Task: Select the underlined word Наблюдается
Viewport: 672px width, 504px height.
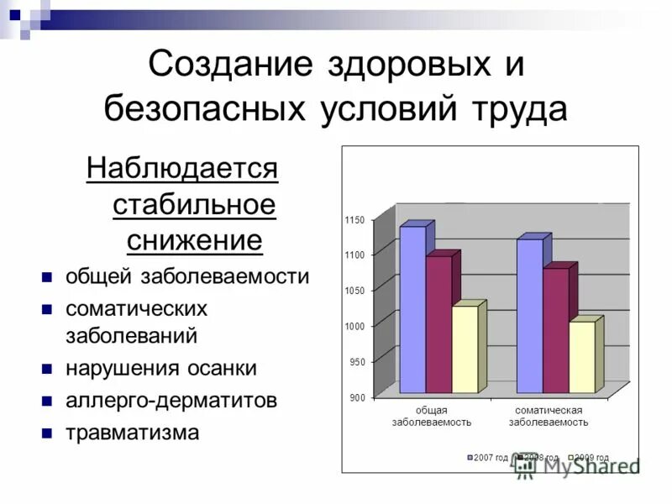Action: point(181,169)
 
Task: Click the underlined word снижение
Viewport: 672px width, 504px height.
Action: point(195,241)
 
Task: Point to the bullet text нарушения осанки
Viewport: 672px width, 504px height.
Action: point(161,368)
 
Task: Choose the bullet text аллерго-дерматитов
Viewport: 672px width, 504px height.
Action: point(171,401)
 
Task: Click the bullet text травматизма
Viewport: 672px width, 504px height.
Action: point(133,433)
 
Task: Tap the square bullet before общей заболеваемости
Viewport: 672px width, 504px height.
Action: point(47,276)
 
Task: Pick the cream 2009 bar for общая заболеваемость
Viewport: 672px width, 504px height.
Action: point(465,349)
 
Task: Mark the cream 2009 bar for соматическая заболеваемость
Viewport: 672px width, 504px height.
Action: point(581,357)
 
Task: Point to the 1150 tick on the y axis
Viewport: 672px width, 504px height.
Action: point(354,220)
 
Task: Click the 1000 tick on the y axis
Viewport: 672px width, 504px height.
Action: point(354,326)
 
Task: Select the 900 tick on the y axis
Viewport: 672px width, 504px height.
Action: point(356,397)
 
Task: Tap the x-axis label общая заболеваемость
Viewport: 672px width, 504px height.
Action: point(431,416)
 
